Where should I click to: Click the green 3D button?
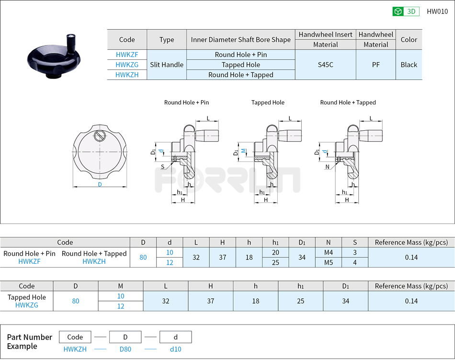click(406, 11)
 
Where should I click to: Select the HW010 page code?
click(437, 11)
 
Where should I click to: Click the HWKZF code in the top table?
click(127, 55)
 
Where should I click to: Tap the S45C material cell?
click(326, 65)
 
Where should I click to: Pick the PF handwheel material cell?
click(376, 65)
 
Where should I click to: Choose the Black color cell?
click(409, 65)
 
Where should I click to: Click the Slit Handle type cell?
click(167, 65)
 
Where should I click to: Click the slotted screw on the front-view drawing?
click(99, 135)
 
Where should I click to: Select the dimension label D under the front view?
click(100, 184)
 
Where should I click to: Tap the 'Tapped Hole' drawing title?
click(268, 102)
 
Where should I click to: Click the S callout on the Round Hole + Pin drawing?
click(162, 167)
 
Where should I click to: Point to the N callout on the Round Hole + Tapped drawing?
click(327, 167)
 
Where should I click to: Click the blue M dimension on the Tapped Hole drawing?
click(243, 151)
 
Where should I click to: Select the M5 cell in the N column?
click(328, 262)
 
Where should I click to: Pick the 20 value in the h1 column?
click(275, 252)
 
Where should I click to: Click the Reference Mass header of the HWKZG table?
click(411, 286)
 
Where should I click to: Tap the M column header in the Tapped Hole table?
click(120, 286)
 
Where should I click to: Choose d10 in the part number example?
click(175, 349)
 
